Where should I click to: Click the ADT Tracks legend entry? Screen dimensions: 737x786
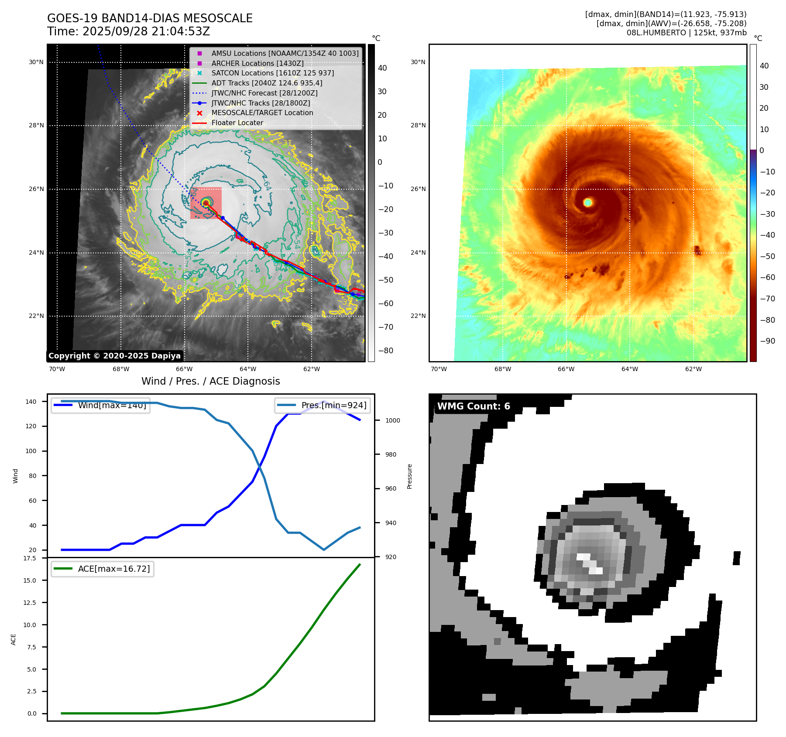[x=267, y=83]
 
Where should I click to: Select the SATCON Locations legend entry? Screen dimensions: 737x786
[x=272, y=73]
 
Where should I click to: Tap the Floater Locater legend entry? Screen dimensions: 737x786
[x=237, y=123]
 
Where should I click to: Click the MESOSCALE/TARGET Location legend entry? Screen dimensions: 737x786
[x=262, y=113]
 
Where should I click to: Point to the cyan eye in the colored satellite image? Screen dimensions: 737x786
[x=587, y=202]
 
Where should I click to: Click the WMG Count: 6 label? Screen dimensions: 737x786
[x=474, y=406]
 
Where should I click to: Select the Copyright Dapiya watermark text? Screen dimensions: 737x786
[x=114, y=356]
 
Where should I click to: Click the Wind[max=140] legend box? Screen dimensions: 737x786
[x=101, y=405]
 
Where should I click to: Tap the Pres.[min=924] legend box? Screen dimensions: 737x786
[x=323, y=405]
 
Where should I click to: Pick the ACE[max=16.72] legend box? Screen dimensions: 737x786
[x=103, y=569]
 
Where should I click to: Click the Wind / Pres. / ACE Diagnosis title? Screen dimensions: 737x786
[x=211, y=381]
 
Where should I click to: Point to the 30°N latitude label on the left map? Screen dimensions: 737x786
[x=36, y=62]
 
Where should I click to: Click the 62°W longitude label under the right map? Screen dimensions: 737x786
[x=693, y=369]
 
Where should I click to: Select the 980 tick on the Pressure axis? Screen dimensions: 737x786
[x=391, y=454]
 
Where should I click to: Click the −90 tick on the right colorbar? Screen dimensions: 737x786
[x=767, y=341]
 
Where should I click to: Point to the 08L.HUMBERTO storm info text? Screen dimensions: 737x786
[x=686, y=33]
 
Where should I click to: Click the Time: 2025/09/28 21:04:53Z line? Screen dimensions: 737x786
[x=129, y=31]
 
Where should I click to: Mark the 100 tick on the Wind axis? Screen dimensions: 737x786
[x=31, y=451]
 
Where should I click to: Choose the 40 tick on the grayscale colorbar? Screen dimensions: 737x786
[x=382, y=68]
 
